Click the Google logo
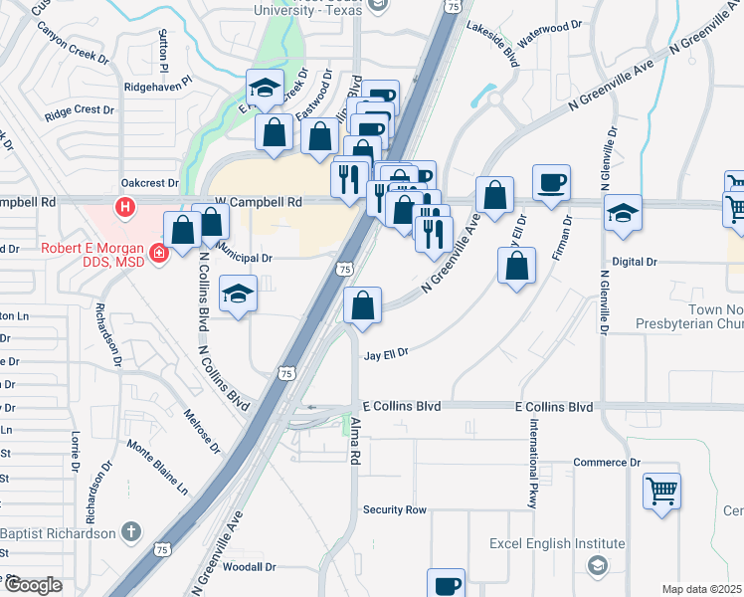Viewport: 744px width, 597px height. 33,585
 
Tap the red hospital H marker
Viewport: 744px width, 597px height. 125,208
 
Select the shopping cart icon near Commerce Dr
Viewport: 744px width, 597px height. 661,490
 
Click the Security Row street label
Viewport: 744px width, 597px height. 394,509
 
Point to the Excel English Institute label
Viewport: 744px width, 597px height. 557,544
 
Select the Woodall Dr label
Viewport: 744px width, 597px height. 249,566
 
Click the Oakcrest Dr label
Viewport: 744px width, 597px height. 148,183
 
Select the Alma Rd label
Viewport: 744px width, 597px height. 354,441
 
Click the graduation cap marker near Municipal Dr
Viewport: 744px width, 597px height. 238,295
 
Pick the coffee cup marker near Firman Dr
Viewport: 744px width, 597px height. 551,183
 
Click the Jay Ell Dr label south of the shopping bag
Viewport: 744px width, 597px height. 387,354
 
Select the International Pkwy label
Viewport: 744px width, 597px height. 534,464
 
